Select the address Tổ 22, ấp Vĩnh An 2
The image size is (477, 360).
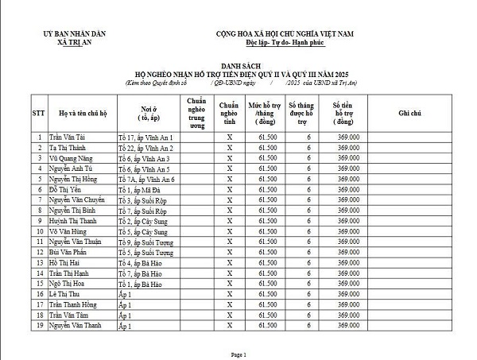145,148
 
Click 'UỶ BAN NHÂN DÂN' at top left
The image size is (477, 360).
76,33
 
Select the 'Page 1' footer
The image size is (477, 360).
238,354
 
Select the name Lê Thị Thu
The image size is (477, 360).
64,293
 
